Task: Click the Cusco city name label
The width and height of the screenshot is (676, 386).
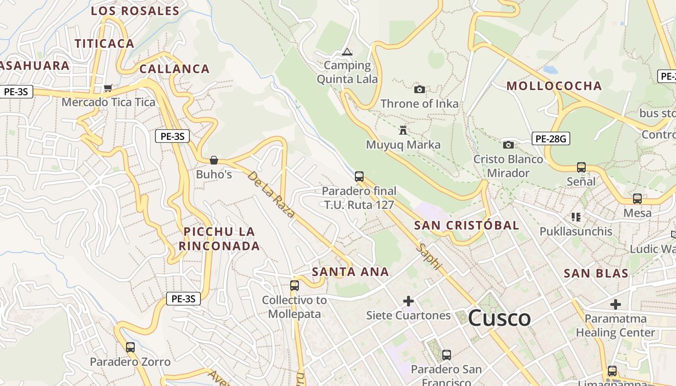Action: (x=499, y=318)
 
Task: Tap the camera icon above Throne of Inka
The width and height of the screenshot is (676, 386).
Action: (x=420, y=89)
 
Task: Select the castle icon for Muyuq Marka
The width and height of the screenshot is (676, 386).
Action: (x=403, y=130)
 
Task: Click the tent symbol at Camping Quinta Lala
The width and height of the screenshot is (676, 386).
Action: (x=347, y=52)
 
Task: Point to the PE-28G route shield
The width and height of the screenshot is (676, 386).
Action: (x=551, y=139)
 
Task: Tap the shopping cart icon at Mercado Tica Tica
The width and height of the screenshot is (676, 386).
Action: (x=108, y=88)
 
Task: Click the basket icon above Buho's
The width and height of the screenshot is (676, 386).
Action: (x=214, y=160)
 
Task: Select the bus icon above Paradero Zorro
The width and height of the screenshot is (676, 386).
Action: (x=130, y=347)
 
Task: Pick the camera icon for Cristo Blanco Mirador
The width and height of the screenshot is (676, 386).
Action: (x=508, y=145)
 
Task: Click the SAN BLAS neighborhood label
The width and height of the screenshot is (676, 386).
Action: (x=596, y=274)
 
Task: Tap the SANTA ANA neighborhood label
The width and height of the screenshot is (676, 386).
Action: (x=350, y=272)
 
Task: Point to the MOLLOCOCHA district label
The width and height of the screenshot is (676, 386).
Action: (x=554, y=86)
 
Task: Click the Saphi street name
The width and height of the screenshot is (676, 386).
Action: (x=429, y=256)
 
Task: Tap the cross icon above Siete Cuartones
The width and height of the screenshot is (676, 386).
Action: (x=408, y=301)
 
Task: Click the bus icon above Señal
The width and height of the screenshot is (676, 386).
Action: (x=581, y=167)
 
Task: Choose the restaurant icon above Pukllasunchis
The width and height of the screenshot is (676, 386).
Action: (x=576, y=217)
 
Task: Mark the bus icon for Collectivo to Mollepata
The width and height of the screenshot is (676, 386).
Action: (x=295, y=285)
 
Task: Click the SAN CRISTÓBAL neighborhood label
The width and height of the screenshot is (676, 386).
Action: (x=466, y=225)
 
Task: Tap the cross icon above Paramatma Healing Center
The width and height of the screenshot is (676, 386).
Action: (x=615, y=304)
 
